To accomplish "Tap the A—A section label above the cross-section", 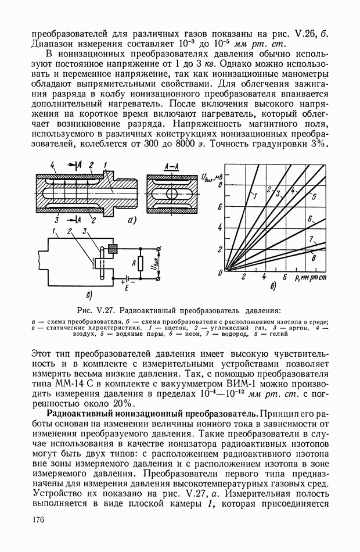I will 171,167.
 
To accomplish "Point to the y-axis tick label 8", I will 219,184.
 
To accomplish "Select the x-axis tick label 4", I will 264,278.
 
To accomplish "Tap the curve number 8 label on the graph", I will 314,256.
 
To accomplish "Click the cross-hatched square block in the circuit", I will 113,248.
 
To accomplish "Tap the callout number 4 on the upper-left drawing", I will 53,167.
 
